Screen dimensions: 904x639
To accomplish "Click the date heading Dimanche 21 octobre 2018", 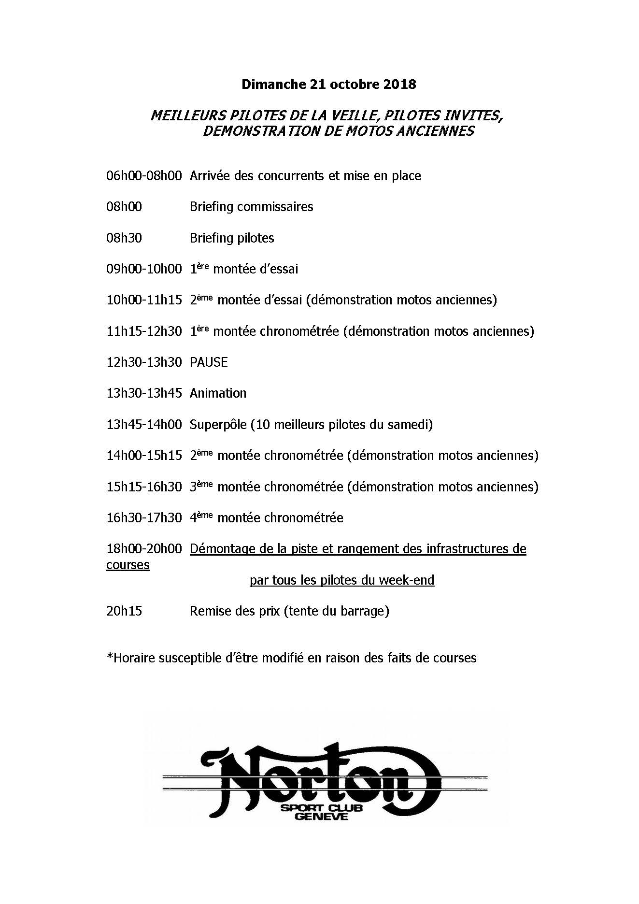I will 328,85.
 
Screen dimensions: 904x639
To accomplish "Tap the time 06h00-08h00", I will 144,176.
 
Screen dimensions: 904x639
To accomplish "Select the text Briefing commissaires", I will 251,207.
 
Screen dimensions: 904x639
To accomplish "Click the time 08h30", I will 124,238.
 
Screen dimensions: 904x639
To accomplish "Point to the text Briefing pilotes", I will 232,238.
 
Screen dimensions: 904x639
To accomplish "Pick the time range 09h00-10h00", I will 144,269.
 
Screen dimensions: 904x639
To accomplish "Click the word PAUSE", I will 209,362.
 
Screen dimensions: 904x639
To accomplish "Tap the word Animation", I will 218,393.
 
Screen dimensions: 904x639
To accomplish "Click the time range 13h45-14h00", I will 144,425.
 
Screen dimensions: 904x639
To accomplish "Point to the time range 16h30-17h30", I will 144,518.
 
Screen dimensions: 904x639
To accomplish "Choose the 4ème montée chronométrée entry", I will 267,518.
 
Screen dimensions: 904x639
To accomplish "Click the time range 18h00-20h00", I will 144,549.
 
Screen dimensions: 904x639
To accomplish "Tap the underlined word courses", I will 128,565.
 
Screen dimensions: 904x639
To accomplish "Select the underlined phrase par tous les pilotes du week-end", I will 342,580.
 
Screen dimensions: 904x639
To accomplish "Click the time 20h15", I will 124,611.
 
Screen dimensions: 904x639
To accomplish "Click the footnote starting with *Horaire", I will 291,658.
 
